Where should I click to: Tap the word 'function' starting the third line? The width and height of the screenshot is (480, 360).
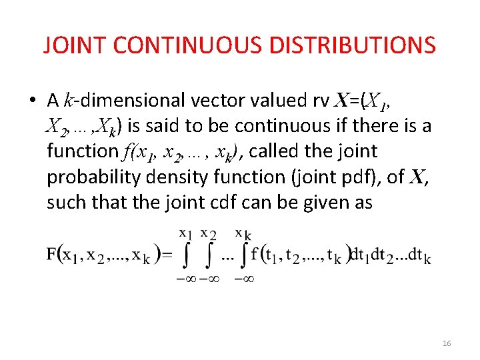click(x=82, y=151)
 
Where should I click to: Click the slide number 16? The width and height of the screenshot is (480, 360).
click(x=447, y=343)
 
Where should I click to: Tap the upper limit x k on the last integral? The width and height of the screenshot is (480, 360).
click(x=243, y=233)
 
